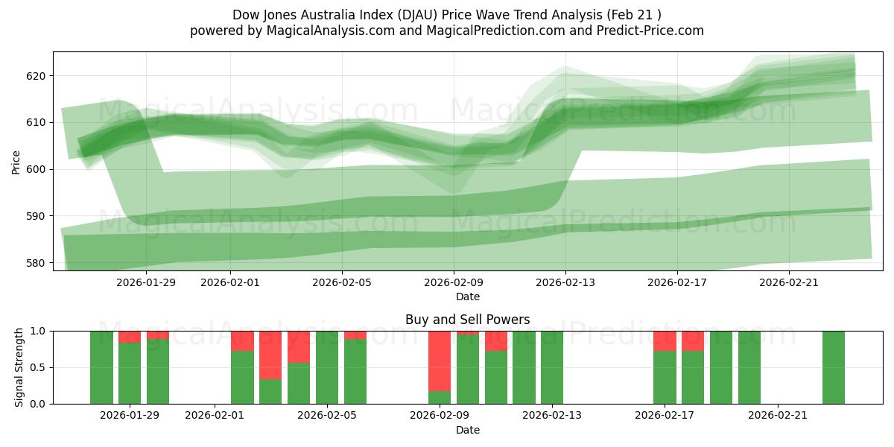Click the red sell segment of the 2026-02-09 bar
(440, 361)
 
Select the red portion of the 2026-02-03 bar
(270, 355)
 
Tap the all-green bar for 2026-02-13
(552, 367)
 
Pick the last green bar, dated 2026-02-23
(834, 367)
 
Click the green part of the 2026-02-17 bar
(665, 378)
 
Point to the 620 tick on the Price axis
(37, 76)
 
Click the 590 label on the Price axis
(37, 216)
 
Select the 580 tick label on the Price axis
(37, 263)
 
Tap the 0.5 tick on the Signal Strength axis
(39, 367)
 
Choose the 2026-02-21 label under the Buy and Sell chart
(778, 416)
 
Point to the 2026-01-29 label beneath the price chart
(146, 282)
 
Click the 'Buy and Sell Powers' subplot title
(467, 320)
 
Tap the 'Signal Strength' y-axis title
(19, 367)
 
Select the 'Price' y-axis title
(16, 161)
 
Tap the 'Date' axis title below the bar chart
(467, 430)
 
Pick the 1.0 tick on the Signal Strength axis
(39, 331)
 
